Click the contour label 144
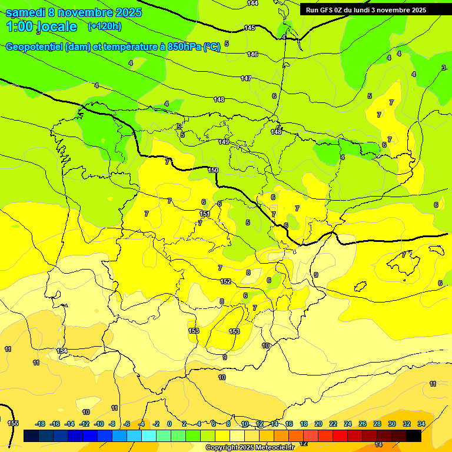[252, 4]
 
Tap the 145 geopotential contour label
[250, 28]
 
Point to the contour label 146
[252, 55]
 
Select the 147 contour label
[246, 78]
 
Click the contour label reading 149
[224, 142]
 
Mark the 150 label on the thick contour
[213, 170]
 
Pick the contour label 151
[205, 214]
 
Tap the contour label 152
[225, 282]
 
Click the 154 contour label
[62, 351]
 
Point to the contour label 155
[13, 423]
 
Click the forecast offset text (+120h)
[104, 26]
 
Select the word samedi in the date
[26, 12]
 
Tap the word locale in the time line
[56, 26]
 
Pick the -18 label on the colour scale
[41, 424]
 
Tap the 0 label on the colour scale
[169, 424]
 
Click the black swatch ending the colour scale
[414, 436]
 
